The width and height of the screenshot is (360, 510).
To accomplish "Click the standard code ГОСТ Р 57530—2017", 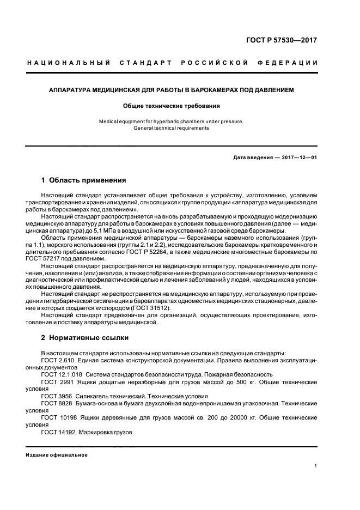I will (x=288, y=40).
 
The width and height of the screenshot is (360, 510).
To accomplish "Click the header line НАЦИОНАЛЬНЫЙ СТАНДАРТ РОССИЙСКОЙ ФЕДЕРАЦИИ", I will (x=173, y=63).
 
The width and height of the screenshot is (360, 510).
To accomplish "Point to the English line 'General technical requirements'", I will (x=172, y=128).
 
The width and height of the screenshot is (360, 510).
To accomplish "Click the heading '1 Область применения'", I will (x=84, y=180).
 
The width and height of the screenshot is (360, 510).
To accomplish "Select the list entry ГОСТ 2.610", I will (x=58, y=361).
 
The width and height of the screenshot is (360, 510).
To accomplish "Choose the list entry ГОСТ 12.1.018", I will (x=62, y=375).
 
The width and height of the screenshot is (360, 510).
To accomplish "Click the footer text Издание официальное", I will (x=57, y=455).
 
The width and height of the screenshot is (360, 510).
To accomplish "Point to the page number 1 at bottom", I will (x=316, y=466).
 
